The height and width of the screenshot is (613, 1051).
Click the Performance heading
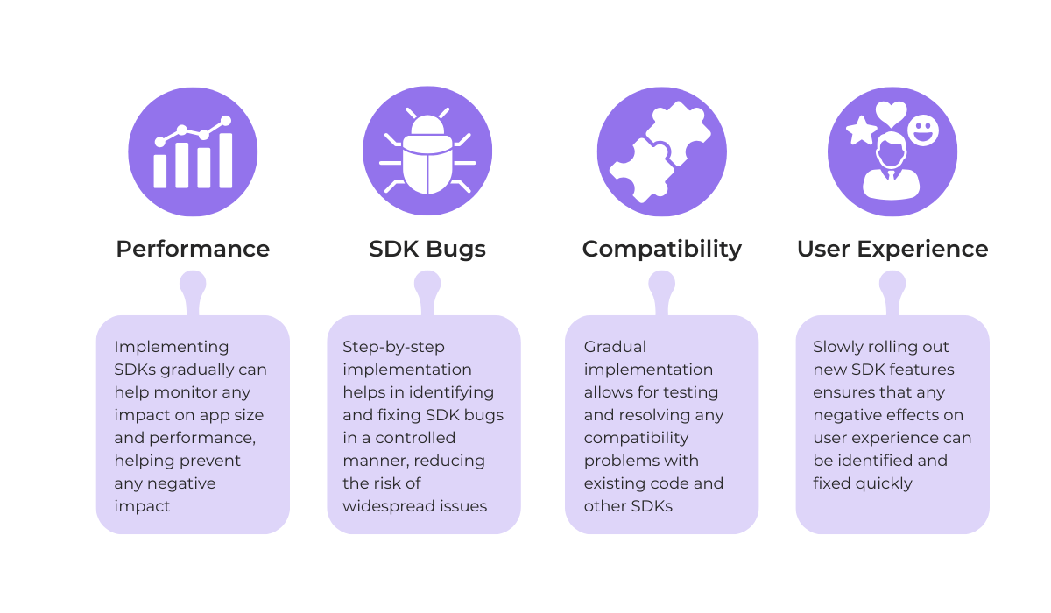(193, 249)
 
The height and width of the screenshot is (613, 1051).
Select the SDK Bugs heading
(427, 249)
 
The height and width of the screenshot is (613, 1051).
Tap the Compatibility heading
(661, 249)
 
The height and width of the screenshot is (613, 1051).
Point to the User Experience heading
(892, 249)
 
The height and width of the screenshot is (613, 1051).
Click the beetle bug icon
(427, 152)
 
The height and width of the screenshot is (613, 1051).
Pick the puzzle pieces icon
(661, 151)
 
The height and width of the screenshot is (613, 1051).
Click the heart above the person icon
(891, 113)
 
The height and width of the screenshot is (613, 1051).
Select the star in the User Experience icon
(861, 131)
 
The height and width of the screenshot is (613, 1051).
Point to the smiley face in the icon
(922, 130)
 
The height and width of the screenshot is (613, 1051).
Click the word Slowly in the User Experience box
(837, 347)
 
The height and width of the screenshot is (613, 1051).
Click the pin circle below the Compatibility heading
(661, 283)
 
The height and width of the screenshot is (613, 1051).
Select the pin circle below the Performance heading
(193, 283)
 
